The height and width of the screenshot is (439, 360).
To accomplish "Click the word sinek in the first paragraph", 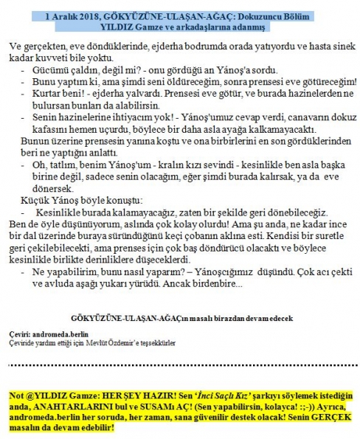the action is click(x=337, y=46).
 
